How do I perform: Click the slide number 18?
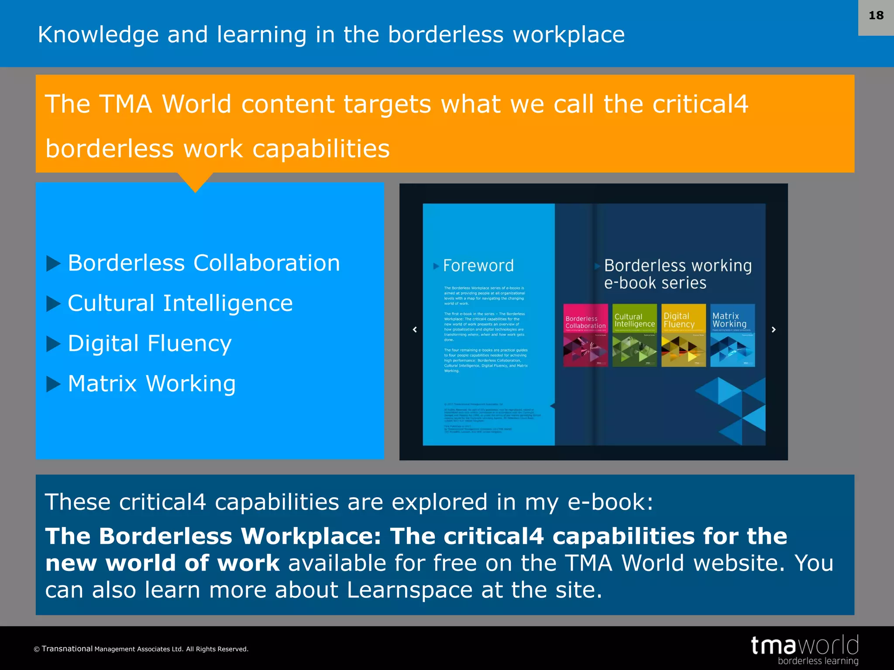click(876, 16)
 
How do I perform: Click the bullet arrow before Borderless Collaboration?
click(53, 263)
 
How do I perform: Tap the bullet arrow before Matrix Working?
click(53, 384)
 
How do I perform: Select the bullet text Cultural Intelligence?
click(180, 304)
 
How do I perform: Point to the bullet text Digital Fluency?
click(149, 344)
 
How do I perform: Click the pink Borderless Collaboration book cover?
click(585, 335)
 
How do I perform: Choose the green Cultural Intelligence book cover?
click(634, 335)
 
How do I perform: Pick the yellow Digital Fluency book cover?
click(683, 335)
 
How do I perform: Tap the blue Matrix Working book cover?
click(732, 335)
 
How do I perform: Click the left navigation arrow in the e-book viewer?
click(415, 330)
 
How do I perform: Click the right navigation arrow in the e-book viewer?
click(774, 330)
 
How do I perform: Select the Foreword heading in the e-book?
click(478, 266)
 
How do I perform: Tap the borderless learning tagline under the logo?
click(818, 661)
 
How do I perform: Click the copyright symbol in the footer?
click(37, 649)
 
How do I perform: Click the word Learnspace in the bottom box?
click(409, 590)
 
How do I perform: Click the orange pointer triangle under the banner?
click(195, 181)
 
